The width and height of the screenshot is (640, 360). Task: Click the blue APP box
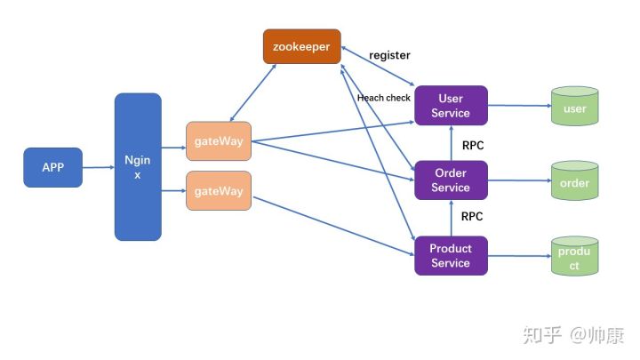53,167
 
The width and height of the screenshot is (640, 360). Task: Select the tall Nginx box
138,167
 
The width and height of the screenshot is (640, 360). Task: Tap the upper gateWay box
219,140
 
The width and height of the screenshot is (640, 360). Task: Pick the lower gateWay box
219,190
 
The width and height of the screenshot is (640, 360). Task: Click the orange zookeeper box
302,46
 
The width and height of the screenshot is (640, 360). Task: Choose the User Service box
451,105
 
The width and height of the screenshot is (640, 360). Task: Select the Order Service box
451,180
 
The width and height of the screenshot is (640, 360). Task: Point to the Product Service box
451,255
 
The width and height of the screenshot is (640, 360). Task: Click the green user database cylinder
575,106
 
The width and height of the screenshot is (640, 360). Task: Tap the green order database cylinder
575,180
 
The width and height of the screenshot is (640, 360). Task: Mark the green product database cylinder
575,256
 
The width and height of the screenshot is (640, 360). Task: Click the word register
389,55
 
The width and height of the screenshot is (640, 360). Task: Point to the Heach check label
384,98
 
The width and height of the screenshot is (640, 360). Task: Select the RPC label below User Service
473,145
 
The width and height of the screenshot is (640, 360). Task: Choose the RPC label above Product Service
472,216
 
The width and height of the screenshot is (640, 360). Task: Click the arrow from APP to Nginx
99,167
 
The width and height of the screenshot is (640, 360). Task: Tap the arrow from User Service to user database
520,105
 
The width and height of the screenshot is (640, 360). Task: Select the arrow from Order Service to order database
520,180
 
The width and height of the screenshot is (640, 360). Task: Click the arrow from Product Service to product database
520,256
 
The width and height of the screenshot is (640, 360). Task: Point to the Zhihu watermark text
573,335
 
